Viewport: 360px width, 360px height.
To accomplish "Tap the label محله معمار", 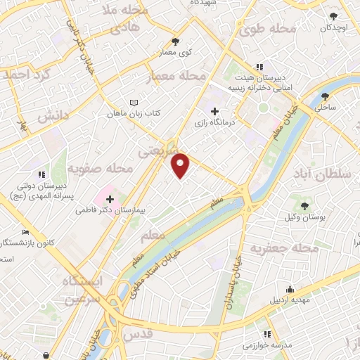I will click(176, 75).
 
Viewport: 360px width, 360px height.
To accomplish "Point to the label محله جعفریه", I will click(287, 249).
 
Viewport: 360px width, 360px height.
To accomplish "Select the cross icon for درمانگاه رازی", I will click(215, 111).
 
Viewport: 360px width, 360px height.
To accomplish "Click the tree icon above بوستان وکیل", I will click(304, 206).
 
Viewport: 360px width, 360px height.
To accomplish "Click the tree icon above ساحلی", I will click(325, 96).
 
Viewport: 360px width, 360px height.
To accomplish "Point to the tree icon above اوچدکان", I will click(333, 15).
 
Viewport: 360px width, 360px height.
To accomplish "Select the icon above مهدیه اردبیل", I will click(290, 289).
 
